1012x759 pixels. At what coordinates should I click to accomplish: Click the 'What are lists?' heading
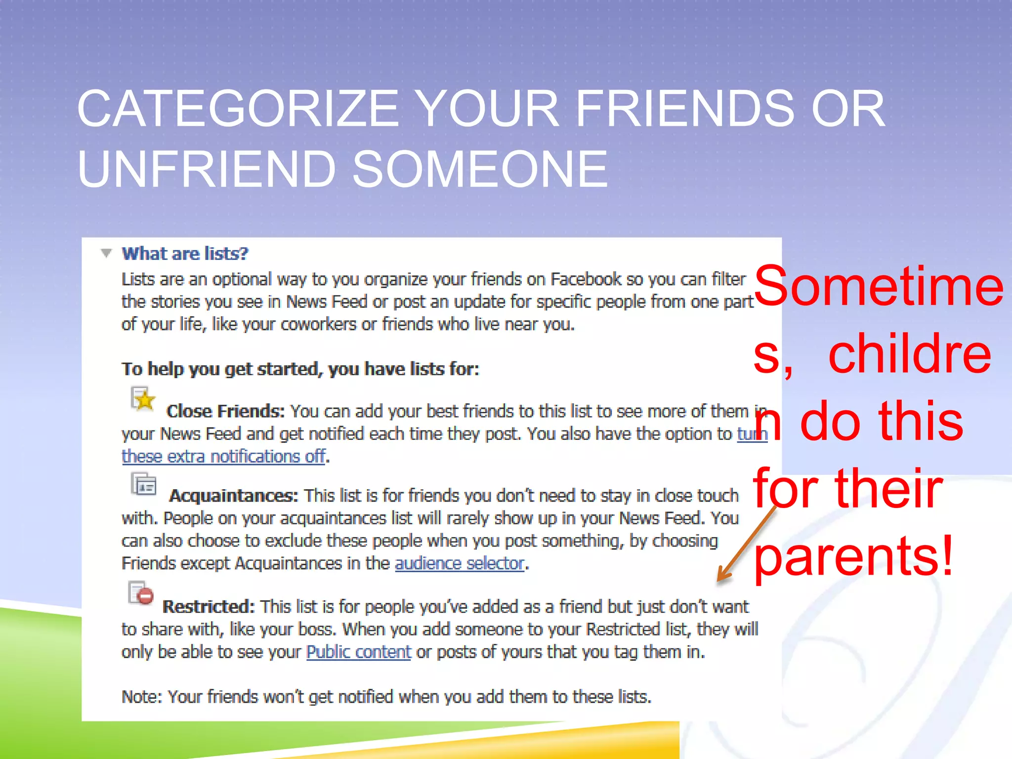pos(185,253)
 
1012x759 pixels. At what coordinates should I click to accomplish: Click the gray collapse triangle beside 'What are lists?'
pos(106,253)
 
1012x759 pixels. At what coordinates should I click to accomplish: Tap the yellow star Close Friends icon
pos(143,399)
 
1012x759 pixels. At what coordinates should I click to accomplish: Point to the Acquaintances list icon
pos(144,484)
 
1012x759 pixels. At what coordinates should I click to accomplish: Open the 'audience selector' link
pos(460,563)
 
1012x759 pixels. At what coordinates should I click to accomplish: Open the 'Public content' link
pos(359,652)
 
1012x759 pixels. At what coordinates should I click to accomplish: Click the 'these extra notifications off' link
pos(223,456)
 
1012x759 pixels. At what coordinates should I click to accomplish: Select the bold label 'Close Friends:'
pos(225,411)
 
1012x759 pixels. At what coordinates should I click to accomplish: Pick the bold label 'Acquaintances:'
pos(234,496)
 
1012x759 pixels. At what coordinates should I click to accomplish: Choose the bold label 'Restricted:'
pos(208,607)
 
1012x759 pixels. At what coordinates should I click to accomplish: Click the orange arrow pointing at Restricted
pos(746,544)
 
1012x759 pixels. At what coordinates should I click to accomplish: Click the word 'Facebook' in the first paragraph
pos(586,279)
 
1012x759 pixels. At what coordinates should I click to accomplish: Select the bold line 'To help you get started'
pos(300,369)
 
